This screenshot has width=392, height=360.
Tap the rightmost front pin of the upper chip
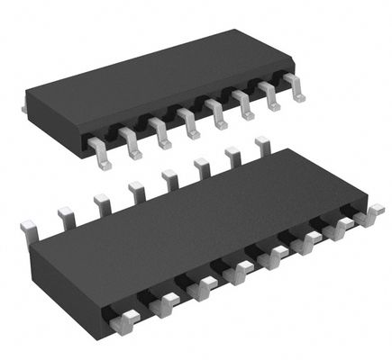point(292,86)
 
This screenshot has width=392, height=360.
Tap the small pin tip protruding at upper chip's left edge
point(24,106)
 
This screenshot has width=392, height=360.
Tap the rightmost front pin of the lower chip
point(369,216)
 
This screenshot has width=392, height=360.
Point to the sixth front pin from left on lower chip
point(308,243)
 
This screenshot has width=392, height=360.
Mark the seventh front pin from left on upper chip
point(268,95)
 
